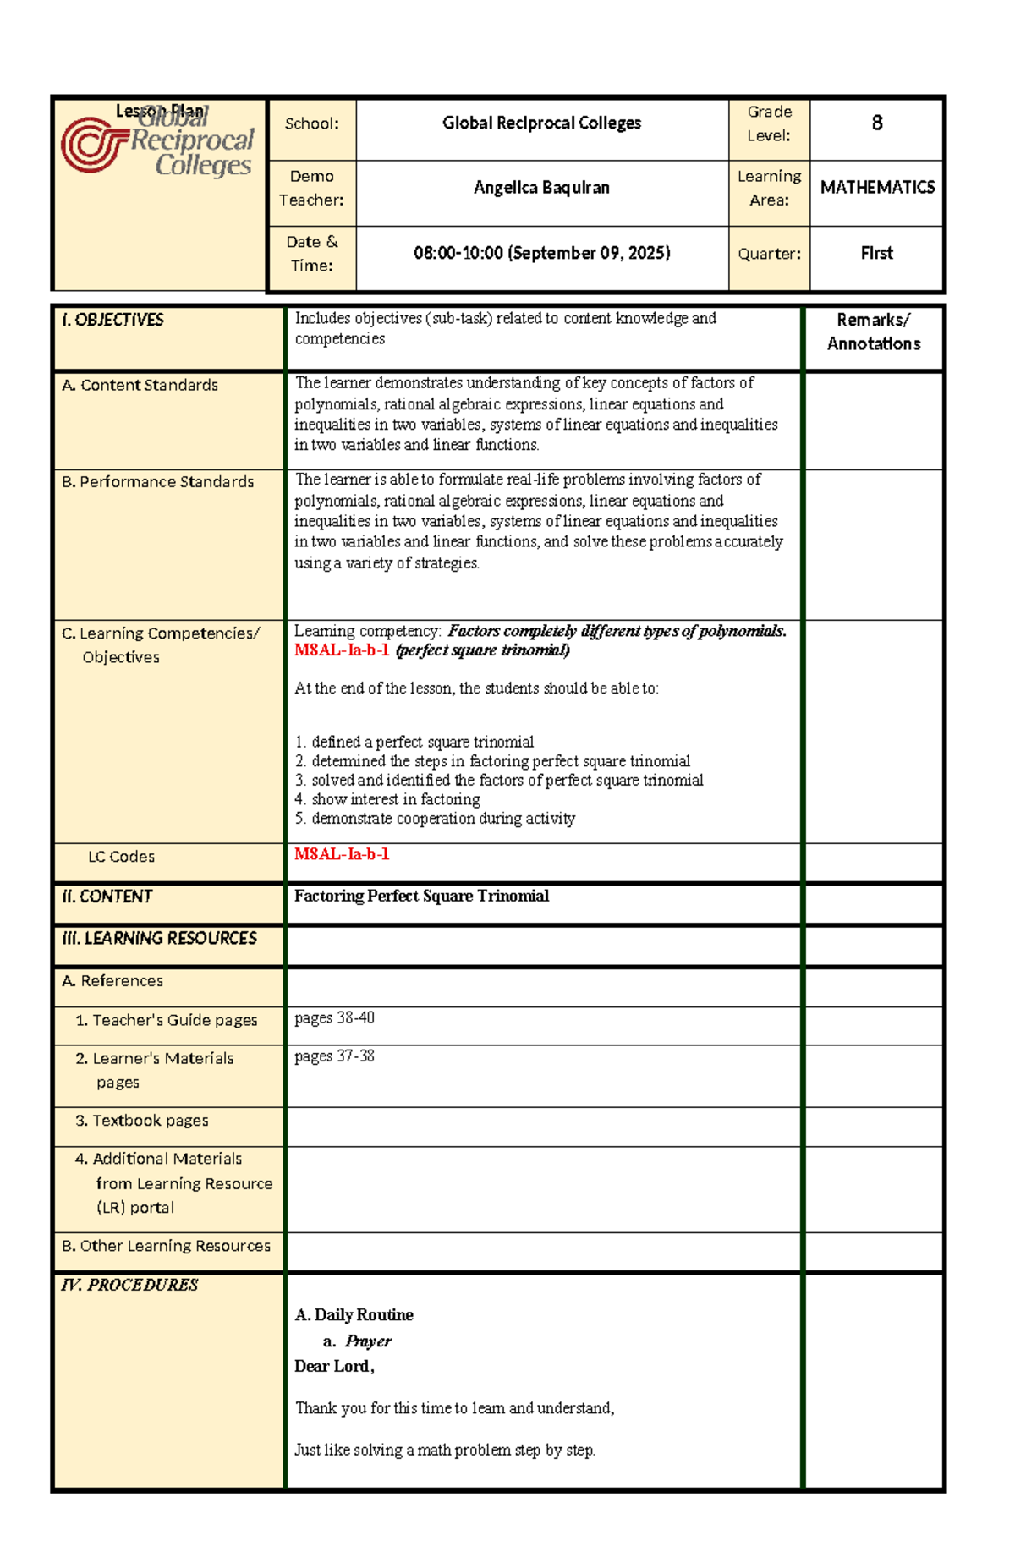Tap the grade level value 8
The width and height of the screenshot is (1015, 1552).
coord(876,123)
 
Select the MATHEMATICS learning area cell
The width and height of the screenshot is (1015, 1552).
coord(877,188)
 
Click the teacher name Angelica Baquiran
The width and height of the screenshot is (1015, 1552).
coord(541,188)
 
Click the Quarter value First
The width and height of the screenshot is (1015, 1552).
coord(876,253)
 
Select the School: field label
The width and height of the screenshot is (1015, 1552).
coord(311,123)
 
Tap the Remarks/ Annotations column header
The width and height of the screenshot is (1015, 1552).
coord(873,332)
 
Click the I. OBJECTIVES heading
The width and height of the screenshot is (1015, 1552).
coord(112,320)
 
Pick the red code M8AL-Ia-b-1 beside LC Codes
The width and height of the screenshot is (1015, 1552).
coord(342,854)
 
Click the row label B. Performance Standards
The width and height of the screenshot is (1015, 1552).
coord(158,481)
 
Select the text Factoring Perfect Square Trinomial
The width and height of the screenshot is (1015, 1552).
coord(421,896)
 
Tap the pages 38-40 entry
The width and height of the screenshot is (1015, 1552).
coord(334,1018)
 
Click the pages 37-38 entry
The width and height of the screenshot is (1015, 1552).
coord(334,1056)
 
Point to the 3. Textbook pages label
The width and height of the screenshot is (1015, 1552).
coord(142,1121)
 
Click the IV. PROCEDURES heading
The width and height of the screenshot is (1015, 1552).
coord(129,1285)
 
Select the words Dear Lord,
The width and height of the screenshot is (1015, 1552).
coord(334,1366)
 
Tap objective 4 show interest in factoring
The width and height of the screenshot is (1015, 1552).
coord(387,799)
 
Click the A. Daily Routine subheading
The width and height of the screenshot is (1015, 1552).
coord(354,1315)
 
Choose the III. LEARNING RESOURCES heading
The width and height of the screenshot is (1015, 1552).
coord(159,938)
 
